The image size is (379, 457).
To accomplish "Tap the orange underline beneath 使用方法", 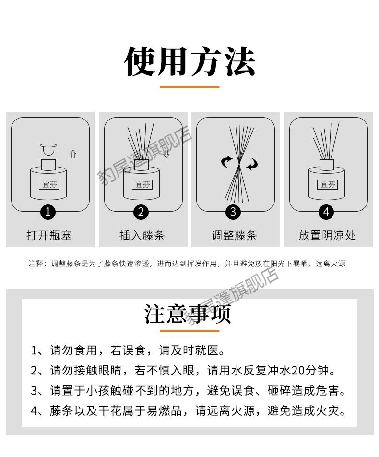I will [x=189, y=87].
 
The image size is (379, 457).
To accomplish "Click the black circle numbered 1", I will [x=48, y=212].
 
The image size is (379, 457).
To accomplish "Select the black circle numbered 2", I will [x=141, y=212].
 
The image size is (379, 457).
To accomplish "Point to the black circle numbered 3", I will [x=233, y=212].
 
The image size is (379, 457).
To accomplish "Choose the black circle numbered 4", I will [x=326, y=212].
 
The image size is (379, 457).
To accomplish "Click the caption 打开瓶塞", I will [x=49, y=235].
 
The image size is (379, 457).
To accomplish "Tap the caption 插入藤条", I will [x=142, y=235].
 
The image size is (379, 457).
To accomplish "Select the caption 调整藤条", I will [x=234, y=235].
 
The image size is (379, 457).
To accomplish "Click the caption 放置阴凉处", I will [x=327, y=235].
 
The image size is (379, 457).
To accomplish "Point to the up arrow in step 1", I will [x=73, y=154].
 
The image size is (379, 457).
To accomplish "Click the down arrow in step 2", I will [x=166, y=154].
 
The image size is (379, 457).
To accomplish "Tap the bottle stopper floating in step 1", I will [x=48, y=149].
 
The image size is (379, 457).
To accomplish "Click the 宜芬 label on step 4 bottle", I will [x=328, y=184].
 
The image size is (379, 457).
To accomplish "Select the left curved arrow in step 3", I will [x=226, y=162].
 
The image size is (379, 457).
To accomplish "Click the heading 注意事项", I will [x=188, y=314].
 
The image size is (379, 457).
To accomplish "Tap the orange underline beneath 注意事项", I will [x=189, y=331].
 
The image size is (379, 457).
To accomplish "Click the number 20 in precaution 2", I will [x=297, y=371].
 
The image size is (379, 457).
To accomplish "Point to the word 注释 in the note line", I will [x=36, y=264].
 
